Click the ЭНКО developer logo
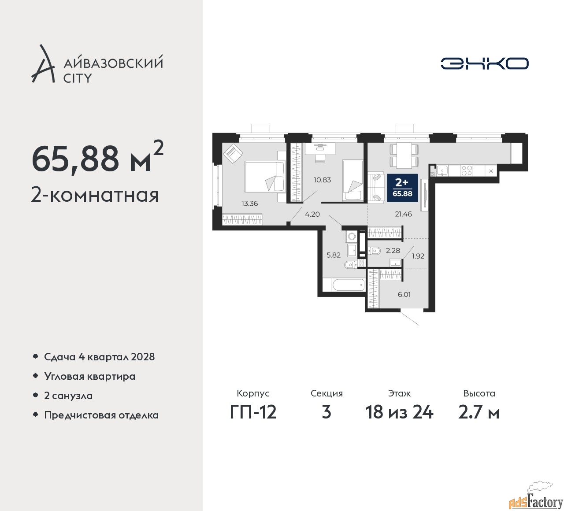point(485,63)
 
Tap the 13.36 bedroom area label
point(249,204)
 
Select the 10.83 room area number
point(322,180)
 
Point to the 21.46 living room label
point(403,214)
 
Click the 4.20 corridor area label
point(312,215)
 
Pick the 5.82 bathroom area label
point(333,255)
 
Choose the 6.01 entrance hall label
point(404,294)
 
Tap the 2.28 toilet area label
point(393,251)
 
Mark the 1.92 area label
point(418,255)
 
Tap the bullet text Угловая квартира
point(90,376)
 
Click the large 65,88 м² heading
point(97,159)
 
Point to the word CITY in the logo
point(78,78)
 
